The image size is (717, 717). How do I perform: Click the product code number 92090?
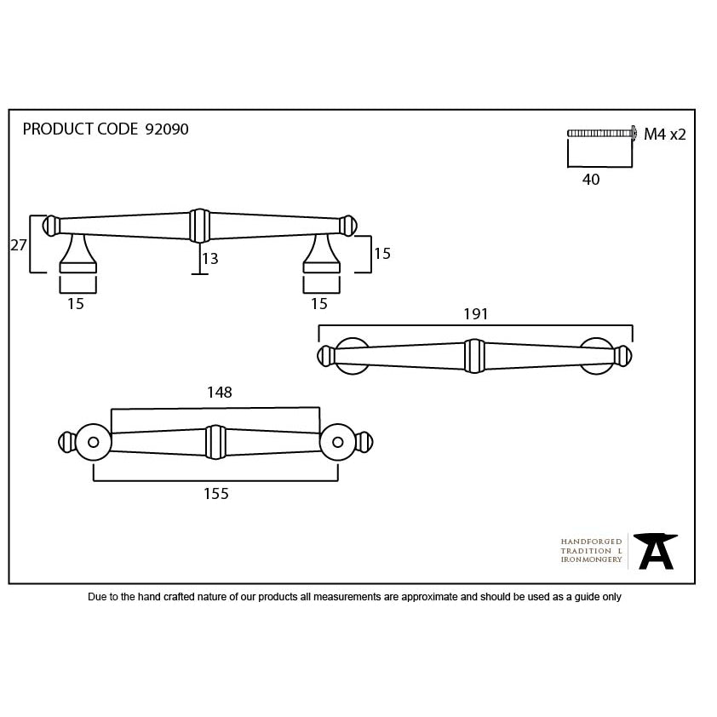pos(166,129)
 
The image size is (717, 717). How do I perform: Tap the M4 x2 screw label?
pos(665,134)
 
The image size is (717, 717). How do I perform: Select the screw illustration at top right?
pos(602,133)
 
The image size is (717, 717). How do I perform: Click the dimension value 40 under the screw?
pos(591,179)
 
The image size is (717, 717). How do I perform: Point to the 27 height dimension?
pos(19,245)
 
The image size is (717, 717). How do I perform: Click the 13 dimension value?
pos(209,259)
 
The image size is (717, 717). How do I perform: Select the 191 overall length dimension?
pos(475,313)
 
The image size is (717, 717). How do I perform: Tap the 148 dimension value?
pos(220,392)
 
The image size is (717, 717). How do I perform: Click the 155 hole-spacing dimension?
pos(215,493)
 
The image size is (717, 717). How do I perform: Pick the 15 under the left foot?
pos(76,304)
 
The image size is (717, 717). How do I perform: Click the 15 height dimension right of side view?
pos(382,253)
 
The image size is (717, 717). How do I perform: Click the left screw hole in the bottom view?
pos(94,442)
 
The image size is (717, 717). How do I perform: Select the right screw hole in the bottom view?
pos(338,442)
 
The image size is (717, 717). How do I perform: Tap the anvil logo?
pos(656,551)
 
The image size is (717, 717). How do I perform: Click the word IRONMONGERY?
pos(591,559)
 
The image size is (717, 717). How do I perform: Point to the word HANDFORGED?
pos(591,542)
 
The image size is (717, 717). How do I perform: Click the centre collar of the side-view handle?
pos(200,226)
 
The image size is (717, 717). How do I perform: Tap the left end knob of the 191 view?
pos(326,356)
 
